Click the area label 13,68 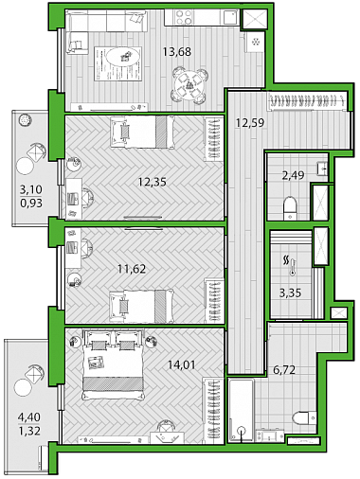coord(177,51)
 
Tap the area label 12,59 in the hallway coord(250,122)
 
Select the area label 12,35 coord(153,182)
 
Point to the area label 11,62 coord(132,269)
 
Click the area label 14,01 coord(182,365)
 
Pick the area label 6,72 coord(284,369)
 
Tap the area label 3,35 coord(290,293)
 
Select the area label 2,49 coord(293,175)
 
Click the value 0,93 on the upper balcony coord(31,203)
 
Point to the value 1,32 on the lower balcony coord(29,431)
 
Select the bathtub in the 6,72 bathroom coord(242,411)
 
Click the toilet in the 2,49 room coord(290,208)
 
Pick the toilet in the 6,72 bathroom coord(304,417)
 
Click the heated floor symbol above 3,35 coord(289,265)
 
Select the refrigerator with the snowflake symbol coord(255,42)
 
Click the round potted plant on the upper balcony coord(25,120)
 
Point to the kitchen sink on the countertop coord(229,17)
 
